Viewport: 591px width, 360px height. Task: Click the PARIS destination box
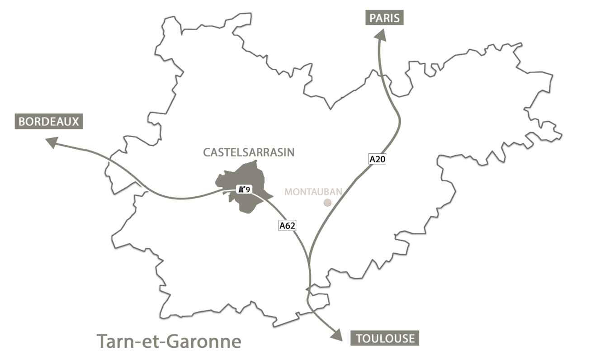pyautogui.click(x=384, y=18)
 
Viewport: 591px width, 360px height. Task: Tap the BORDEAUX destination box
pyautogui.click(x=49, y=122)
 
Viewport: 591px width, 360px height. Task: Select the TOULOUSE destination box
pyautogui.click(x=385, y=338)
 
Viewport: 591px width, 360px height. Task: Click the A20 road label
pyautogui.click(x=378, y=159)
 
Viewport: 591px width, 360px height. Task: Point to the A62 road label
pyautogui.click(x=287, y=225)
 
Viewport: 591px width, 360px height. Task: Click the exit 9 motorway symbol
pyautogui.click(x=243, y=189)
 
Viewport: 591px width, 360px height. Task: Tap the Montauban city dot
pyautogui.click(x=328, y=202)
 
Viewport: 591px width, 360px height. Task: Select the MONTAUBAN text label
pyautogui.click(x=313, y=192)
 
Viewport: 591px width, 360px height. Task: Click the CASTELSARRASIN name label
pyautogui.click(x=249, y=152)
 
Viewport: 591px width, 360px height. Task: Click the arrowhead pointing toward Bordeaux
pyautogui.click(x=51, y=143)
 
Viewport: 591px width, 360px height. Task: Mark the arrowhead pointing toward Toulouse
pyautogui.click(x=337, y=334)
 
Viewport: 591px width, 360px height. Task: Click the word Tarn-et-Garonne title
pyautogui.click(x=169, y=341)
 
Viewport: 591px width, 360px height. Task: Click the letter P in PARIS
pyautogui.click(x=373, y=18)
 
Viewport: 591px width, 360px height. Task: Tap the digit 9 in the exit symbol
pyautogui.click(x=248, y=189)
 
